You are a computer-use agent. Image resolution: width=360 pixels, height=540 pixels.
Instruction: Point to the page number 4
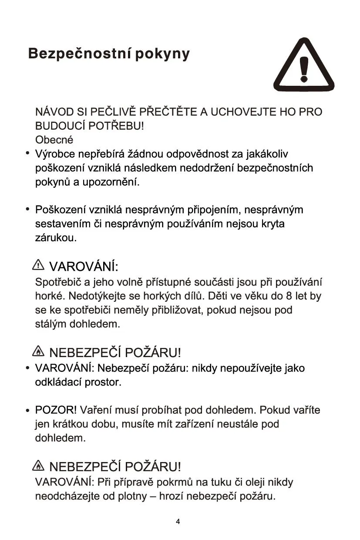click(178, 522)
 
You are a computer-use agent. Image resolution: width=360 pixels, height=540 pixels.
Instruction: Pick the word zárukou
click(56, 238)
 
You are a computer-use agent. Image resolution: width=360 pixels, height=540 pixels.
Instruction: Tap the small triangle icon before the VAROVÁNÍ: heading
click(39, 264)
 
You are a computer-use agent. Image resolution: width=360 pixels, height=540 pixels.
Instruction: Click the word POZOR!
click(56, 410)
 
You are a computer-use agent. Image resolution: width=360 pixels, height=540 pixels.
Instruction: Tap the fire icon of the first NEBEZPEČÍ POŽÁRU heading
click(39, 351)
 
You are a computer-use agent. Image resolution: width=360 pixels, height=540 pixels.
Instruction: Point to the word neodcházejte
click(68, 496)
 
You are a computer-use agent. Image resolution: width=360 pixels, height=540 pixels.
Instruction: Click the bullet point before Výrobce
click(27, 154)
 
